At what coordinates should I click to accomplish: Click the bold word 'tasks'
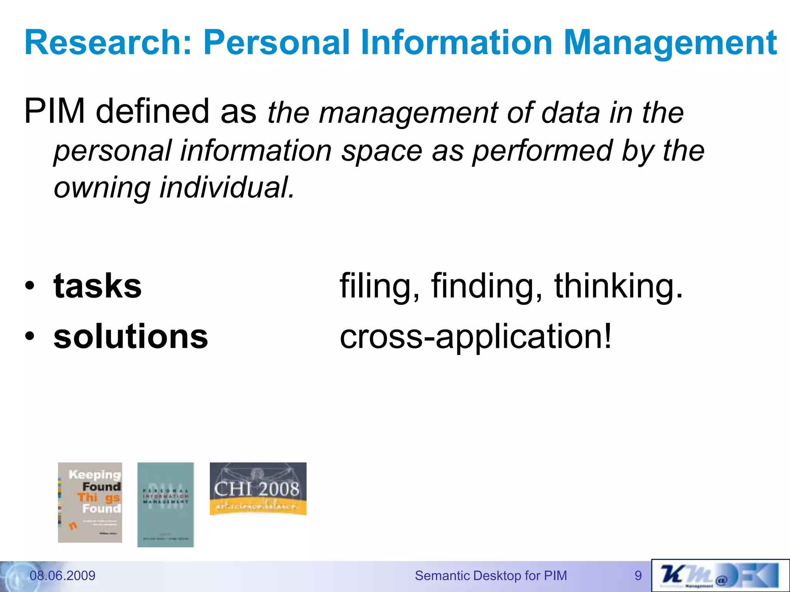tap(98, 286)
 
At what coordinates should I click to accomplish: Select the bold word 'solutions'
tap(131, 336)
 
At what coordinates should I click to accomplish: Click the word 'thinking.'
tap(618, 286)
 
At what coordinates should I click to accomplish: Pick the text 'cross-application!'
tap(475, 336)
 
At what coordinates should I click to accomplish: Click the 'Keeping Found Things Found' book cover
tap(90, 502)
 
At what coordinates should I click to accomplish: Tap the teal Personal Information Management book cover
tap(165, 505)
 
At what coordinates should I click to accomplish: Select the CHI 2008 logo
tap(258, 489)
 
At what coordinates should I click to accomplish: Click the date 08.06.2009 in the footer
tap(62, 575)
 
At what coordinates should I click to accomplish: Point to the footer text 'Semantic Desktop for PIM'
tap(491, 575)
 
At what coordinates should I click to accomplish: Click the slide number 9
tap(638, 575)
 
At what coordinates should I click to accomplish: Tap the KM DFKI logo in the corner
tap(720, 575)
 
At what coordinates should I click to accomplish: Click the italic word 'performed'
tap(542, 151)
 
